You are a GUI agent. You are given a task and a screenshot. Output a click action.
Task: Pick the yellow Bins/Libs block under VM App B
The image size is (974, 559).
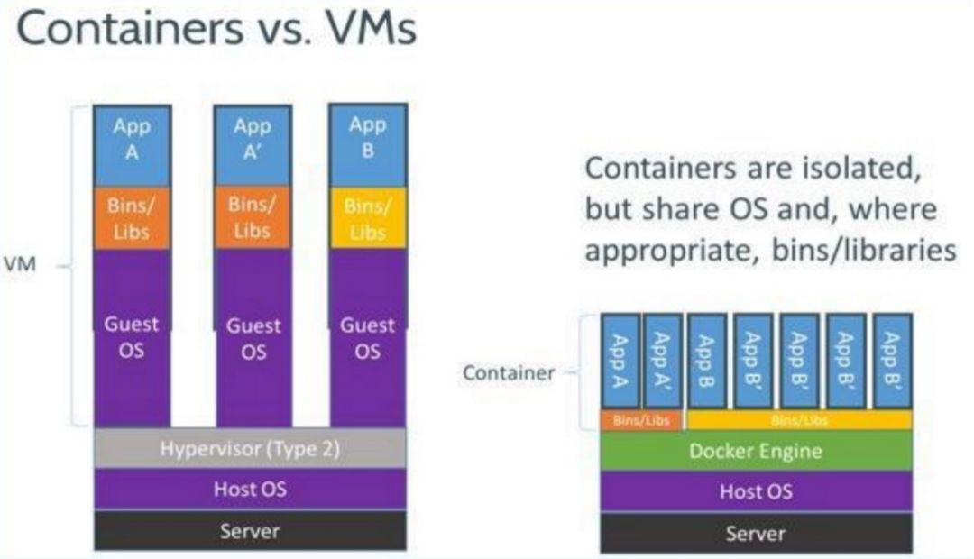(367, 218)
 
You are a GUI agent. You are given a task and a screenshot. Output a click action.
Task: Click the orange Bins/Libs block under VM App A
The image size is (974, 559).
(133, 218)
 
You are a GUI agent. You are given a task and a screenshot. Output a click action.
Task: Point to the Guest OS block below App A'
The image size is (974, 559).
(252, 337)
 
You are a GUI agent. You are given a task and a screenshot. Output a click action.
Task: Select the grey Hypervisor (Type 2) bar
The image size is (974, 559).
(250, 449)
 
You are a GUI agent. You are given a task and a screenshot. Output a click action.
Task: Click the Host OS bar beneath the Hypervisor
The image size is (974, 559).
(250, 490)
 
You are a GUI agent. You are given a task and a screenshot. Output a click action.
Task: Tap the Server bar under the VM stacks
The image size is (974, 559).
(250, 531)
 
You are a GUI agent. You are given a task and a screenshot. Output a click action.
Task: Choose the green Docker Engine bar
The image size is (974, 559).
(756, 451)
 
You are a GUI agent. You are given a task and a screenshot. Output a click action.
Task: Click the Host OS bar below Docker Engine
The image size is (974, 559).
(756, 491)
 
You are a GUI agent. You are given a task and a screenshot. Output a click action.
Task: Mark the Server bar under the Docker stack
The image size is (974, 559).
(756, 533)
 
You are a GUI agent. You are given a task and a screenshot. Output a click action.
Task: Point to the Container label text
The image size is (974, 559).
(509, 372)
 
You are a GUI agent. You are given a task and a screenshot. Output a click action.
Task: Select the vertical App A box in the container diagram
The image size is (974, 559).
(620, 361)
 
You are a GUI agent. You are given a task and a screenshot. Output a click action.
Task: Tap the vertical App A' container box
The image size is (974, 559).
(662, 361)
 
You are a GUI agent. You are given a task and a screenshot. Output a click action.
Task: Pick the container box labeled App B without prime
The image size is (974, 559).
(707, 361)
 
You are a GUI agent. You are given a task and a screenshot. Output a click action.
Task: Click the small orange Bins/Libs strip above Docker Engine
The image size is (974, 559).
(641, 420)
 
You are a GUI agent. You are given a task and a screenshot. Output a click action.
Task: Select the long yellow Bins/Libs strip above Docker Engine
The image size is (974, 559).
(799, 420)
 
